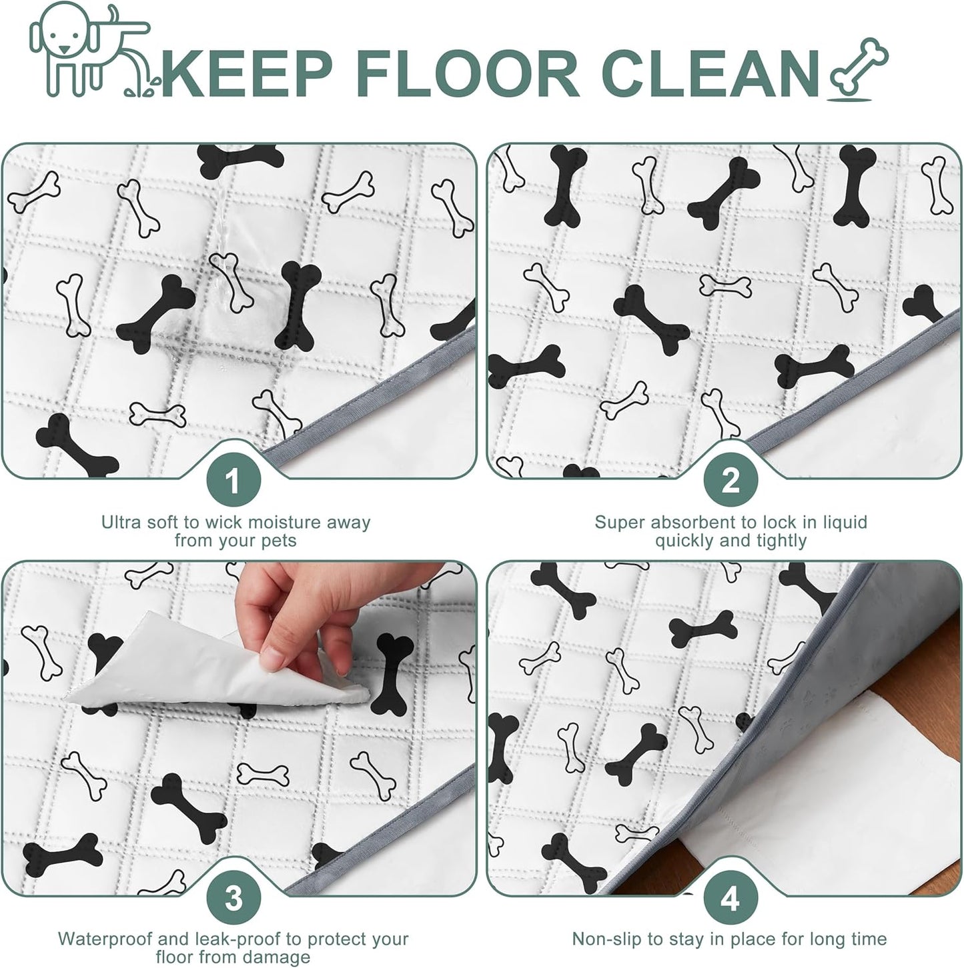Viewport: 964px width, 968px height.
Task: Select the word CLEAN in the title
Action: [x=710, y=73]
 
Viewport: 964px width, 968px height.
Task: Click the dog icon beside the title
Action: [x=91, y=50]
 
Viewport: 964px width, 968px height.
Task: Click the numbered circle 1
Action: [x=234, y=481]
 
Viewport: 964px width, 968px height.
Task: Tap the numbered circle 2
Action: [x=731, y=481]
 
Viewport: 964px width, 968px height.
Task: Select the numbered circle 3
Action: [x=234, y=898]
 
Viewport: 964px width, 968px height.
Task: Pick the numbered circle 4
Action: [x=731, y=898]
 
